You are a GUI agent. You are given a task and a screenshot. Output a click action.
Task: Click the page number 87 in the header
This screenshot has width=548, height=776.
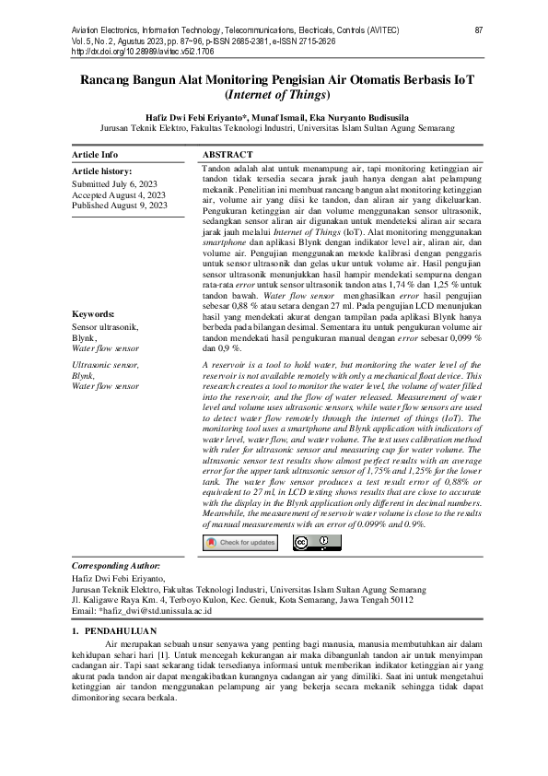479,30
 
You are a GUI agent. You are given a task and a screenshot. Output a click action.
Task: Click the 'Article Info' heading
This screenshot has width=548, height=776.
95,155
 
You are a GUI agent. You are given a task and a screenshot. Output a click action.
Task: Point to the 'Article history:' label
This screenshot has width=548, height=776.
101,171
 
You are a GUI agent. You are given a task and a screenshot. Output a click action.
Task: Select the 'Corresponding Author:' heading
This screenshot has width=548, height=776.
116,565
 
